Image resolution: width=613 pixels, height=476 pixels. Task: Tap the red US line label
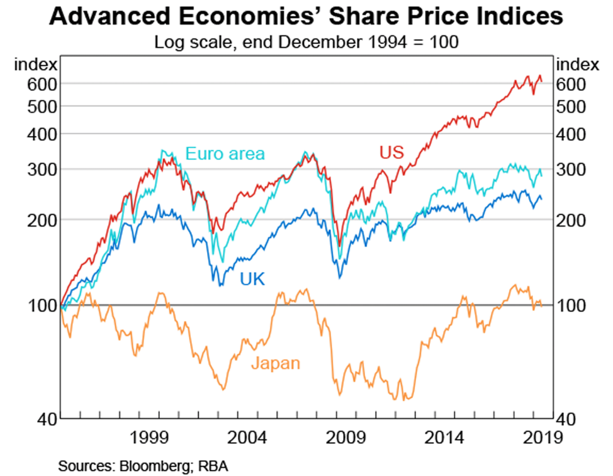tap(391, 153)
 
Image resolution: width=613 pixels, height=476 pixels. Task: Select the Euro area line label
tap(225, 153)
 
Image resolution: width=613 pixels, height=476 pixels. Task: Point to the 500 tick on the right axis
tap(571, 106)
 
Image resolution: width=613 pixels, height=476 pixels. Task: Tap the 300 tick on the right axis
tap(571, 169)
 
